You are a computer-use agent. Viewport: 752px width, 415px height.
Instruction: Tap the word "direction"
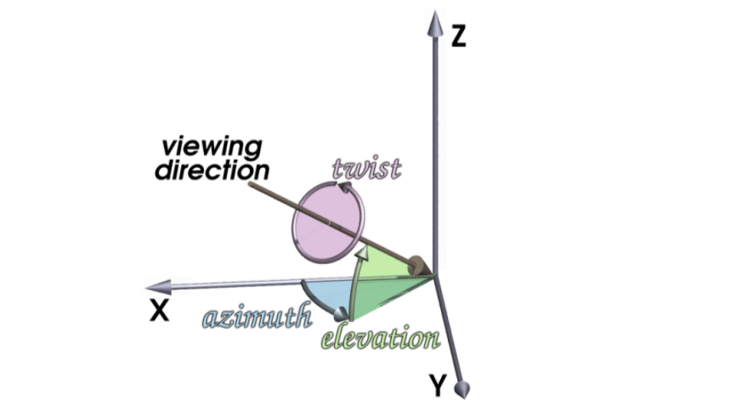click(212, 170)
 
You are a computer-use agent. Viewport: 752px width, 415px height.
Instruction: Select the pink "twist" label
click(366, 167)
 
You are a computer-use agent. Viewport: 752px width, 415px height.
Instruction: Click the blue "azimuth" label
click(256, 316)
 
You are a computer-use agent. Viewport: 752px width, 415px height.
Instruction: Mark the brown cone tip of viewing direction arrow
click(419, 266)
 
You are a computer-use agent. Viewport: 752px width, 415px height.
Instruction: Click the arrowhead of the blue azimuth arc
click(339, 313)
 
